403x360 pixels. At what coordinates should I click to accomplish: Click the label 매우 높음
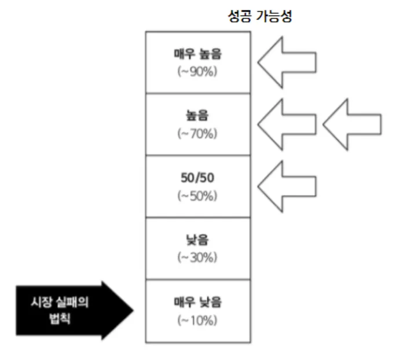pyautogui.click(x=197, y=55)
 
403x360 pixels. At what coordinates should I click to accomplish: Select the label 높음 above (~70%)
pyautogui.click(x=197, y=117)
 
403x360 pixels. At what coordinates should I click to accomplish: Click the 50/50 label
pyautogui.click(x=197, y=179)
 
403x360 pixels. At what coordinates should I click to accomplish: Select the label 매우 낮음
pyautogui.click(x=197, y=302)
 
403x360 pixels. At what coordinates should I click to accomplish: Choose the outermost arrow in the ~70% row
pyautogui.click(x=351, y=124)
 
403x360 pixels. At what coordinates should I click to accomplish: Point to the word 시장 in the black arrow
pyautogui.click(x=42, y=303)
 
